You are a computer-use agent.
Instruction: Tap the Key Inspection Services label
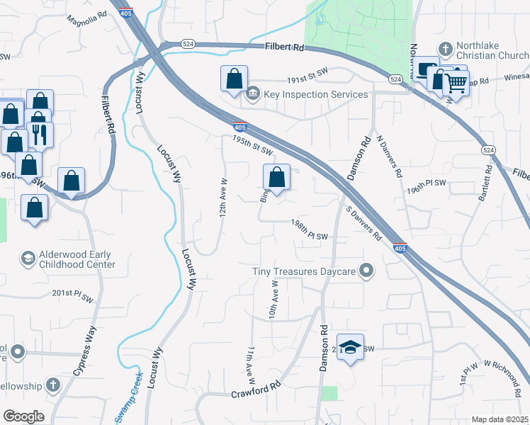(x=315, y=94)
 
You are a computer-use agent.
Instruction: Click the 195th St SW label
(x=252, y=145)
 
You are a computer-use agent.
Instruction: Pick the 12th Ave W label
(x=222, y=200)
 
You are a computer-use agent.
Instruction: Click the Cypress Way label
(x=84, y=351)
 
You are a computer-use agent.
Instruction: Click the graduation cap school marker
(x=350, y=346)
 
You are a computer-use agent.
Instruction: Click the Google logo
(x=23, y=416)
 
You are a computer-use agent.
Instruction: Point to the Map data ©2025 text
(x=500, y=419)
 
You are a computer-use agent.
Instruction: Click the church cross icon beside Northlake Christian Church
(x=445, y=49)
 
